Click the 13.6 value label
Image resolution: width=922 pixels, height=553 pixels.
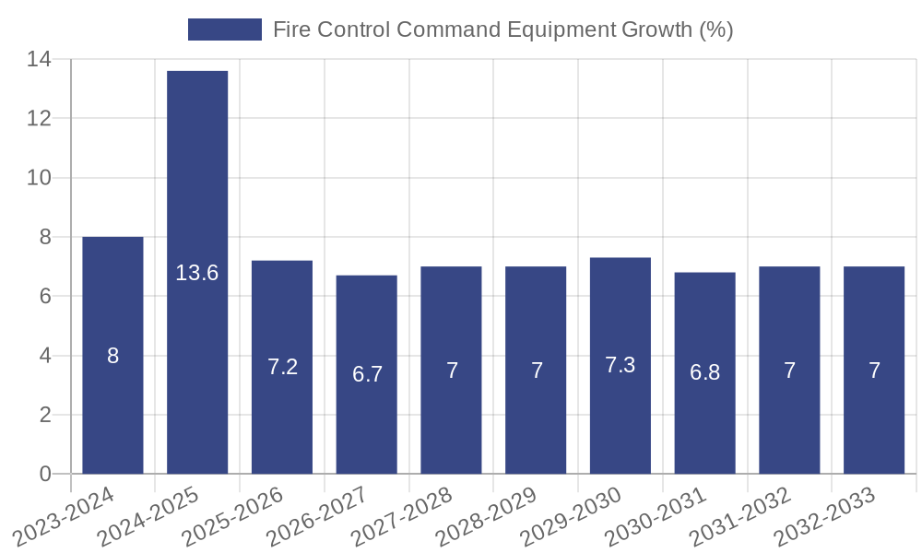[x=197, y=273]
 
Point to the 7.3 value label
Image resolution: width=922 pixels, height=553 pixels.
[x=621, y=365]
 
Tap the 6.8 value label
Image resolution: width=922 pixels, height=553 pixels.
[x=705, y=373]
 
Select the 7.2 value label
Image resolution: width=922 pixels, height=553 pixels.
[x=282, y=367]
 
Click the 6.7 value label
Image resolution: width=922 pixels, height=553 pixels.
[x=367, y=374]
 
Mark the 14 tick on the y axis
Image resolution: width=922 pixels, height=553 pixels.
[x=39, y=59]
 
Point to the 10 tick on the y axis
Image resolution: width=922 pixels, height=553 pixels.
[x=39, y=178]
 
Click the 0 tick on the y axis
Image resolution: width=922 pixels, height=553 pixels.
[x=44, y=474]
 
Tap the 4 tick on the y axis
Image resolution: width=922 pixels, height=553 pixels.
[x=44, y=356]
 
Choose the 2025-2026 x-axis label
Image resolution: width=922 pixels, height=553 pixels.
[x=233, y=517]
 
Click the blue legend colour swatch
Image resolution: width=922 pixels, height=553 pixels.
[x=225, y=29]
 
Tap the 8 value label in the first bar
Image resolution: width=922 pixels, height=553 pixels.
[x=112, y=356]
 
